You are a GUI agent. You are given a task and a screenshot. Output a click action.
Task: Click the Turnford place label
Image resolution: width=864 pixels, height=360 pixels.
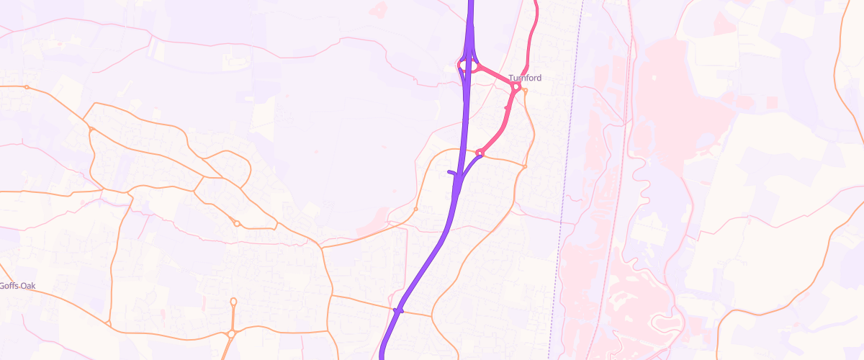point(525,78)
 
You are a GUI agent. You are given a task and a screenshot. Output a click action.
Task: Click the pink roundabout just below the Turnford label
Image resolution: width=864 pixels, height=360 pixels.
point(516,87)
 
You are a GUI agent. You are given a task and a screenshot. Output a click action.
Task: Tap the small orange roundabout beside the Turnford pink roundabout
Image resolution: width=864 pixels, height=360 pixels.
point(526,91)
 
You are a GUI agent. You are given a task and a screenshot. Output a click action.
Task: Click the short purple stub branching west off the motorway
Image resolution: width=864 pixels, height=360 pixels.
point(452,173)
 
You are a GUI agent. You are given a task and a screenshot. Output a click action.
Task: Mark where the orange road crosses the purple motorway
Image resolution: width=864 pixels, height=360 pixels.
point(398,310)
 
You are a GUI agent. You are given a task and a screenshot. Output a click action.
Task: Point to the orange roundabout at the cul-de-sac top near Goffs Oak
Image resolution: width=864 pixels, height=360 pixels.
point(233,301)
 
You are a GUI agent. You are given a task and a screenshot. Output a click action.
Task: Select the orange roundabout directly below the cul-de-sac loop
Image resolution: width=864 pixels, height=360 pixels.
point(231,333)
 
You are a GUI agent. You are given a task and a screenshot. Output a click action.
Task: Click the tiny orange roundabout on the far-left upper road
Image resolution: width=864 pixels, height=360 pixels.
point(27,87)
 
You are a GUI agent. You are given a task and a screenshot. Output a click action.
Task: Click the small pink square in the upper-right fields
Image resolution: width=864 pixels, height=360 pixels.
point(773,103)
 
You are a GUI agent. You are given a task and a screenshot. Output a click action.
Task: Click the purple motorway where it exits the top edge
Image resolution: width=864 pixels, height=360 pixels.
point(471,3)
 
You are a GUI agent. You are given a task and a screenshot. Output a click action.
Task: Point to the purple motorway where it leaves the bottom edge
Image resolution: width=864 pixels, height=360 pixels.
point(382,356)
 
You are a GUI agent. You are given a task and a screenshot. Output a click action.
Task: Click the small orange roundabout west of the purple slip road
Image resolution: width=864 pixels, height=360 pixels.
point(416,209)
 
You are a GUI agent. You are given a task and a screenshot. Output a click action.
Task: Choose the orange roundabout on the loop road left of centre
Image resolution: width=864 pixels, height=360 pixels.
point(237,224)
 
